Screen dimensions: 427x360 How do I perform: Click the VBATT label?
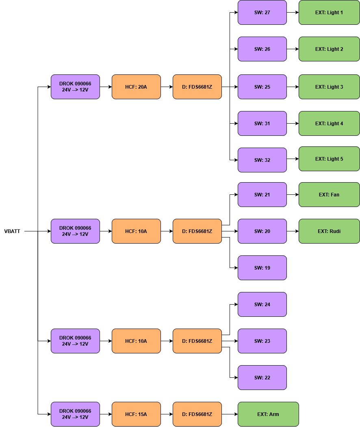pyautogui.click(x=12, y=231)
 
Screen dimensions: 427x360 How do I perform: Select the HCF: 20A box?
pyautogui.click(x=136, y=87)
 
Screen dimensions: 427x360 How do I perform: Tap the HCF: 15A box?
pyautogui.click(x=136, y=414)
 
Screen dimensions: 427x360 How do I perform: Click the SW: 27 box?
pyautogui.click(x=262, y=13)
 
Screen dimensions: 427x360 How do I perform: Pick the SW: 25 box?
pyautogui.click(x=262, y=87)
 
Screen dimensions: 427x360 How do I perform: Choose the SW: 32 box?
pyautogui.click(x=262, y=160)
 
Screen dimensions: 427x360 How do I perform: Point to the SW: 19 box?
pyautogui.click(x=262, y=268)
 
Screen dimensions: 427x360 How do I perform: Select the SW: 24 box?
pyautogui.click(x=262, y=304)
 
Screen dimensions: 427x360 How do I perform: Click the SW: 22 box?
pyautogui.click(x=262, y=377)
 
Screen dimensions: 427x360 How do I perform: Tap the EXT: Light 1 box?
pyautogui.click(x=329, y=13)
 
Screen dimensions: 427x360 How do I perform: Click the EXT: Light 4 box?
pyautogui.click(x=329, y=123)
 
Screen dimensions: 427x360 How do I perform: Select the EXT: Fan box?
pyautogui.click(x=329, y=194)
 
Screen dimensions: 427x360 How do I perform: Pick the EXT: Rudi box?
pyautogui.click(x=329, y=231)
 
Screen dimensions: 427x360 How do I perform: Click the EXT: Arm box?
pyautogui.click(x=268, y=414)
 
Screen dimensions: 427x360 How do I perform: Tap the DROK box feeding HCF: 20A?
pyautogui.click(x=75, y=87)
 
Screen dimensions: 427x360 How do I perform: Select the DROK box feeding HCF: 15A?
pyautogui.click(x=75, y=414)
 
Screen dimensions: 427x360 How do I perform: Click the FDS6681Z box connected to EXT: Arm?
pyautogui.click(x=197, y=414)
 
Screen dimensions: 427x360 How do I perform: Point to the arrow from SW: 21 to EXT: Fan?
pyautogui.click(x=293, y=194)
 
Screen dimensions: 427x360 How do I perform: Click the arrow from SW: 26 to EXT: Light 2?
pyautogui.click(x=293, y=49)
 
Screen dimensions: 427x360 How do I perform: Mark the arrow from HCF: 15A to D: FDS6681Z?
pyautogui.click(x=167, y=414)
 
